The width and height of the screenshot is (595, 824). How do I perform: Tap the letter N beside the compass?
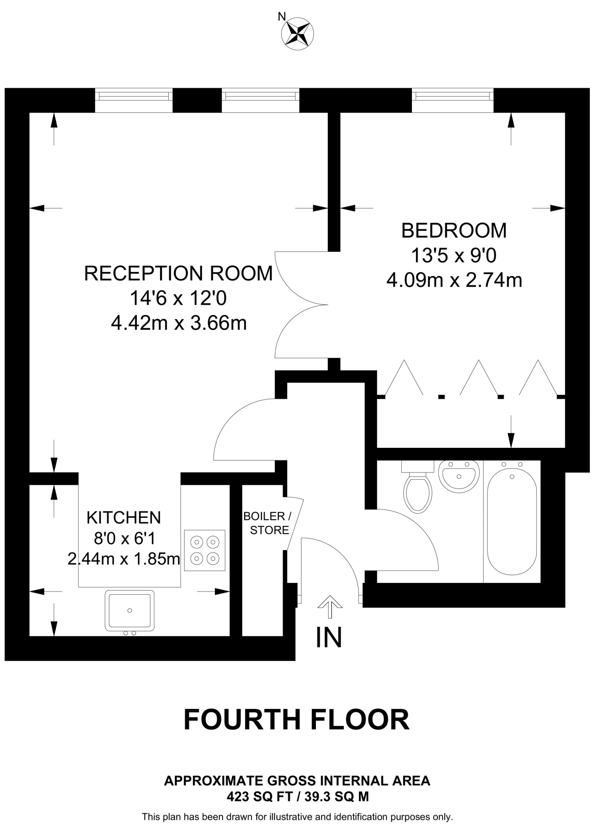(x=282, y=16)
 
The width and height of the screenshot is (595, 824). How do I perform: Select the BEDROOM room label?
(x=454, y=231)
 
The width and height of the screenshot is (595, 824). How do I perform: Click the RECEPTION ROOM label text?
(x=178, y=274)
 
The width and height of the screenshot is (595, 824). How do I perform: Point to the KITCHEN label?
(x=124, y=518)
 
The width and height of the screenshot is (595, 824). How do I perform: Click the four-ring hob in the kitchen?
(x=204, y=550)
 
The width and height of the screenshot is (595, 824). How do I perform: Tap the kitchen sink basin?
(x=130, y=610)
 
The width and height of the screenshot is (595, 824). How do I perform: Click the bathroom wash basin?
(x=459, y=476)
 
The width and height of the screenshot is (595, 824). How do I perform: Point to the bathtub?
(x=512, y=521)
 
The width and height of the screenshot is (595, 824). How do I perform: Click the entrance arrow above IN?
(x=330, y=606)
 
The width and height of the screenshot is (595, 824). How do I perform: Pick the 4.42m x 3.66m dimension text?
(x=179, y=323)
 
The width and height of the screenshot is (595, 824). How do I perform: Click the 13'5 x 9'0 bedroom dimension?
(x=454, y=255)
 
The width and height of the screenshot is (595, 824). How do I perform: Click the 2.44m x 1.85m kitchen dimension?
(x=124, y=559)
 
